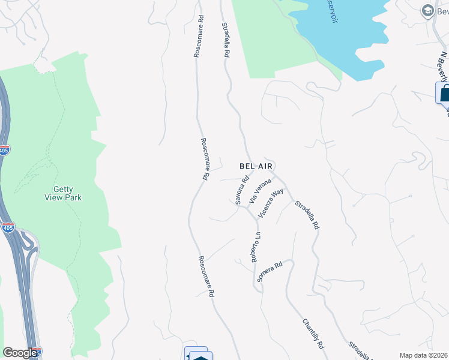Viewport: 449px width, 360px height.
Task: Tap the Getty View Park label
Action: pos(63,193)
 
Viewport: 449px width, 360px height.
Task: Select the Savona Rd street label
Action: pos(242,190)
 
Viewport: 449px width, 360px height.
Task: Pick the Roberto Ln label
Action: pos(256,247)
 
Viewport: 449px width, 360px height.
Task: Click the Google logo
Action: pos(20,353)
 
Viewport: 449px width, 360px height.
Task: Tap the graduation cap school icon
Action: pos(428,10)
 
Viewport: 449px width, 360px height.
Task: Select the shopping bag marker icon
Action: pos(444,94)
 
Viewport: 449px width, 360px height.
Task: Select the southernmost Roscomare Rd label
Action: pos(206,277)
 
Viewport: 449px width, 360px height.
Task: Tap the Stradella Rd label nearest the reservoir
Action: pos(226,40)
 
